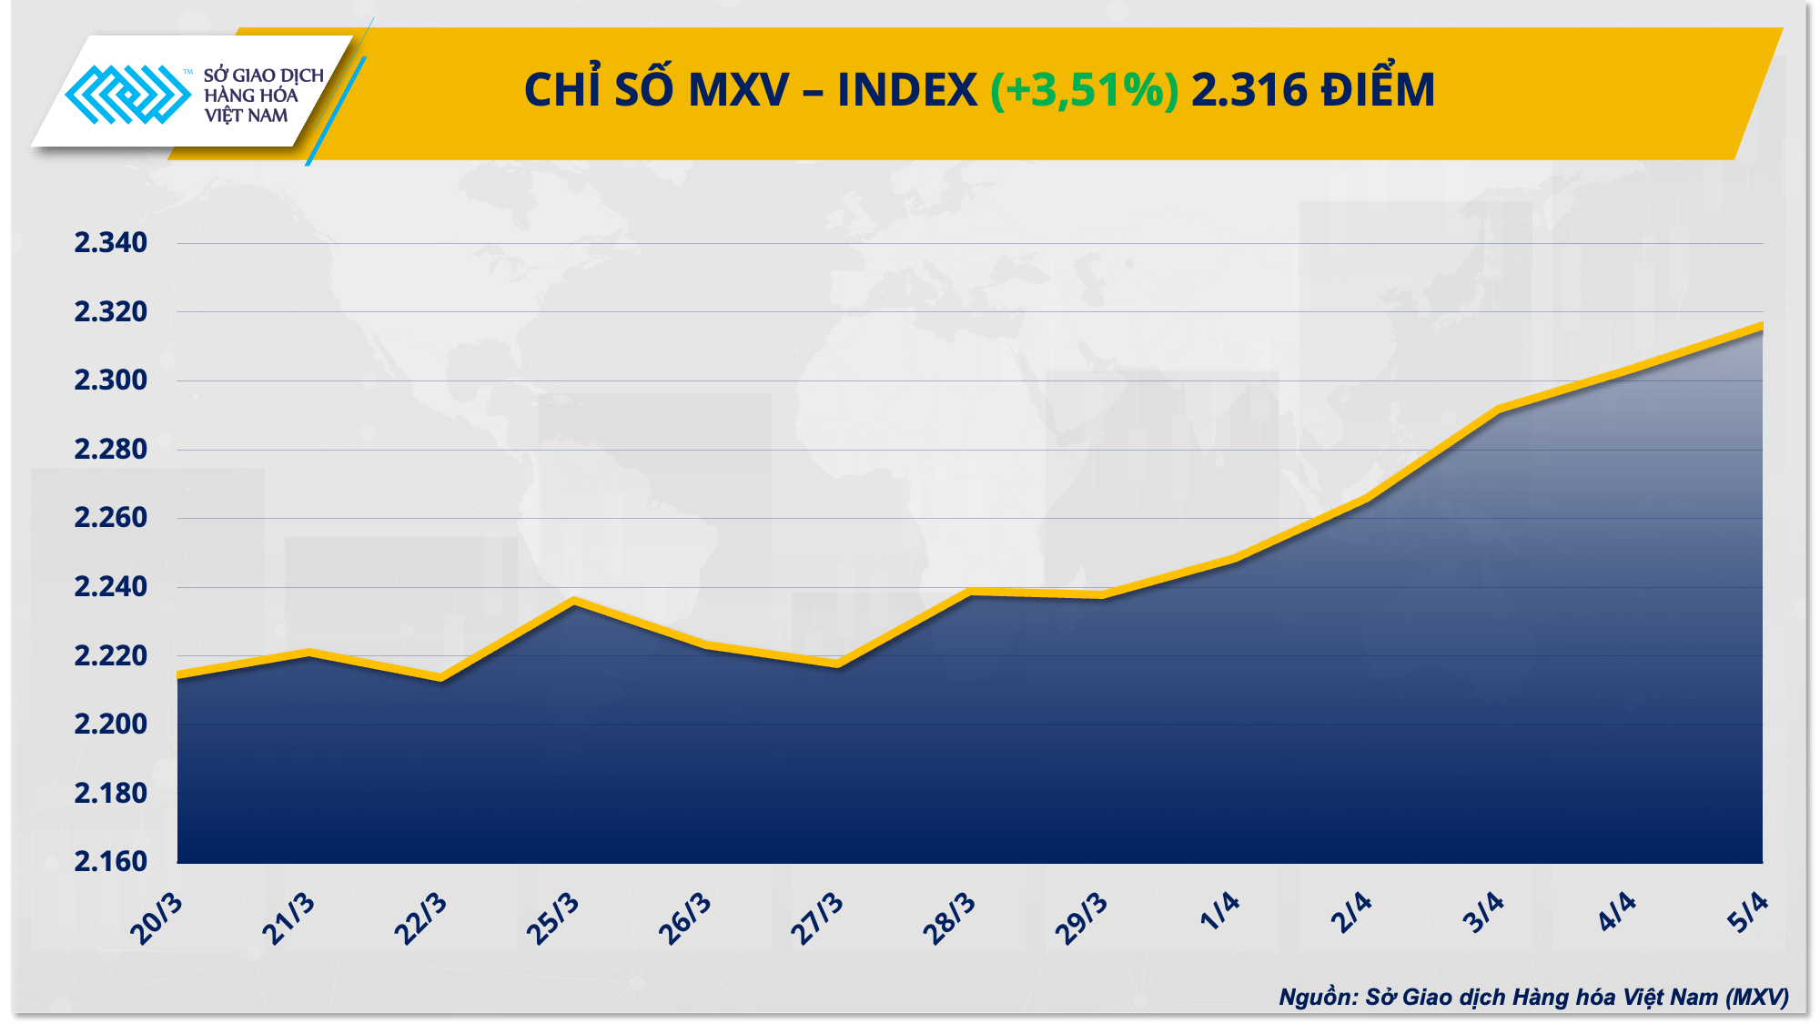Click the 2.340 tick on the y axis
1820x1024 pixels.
(x=110, y=243)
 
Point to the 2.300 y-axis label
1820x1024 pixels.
(x=110, y=380)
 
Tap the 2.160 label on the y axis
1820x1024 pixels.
(x=110, y=861)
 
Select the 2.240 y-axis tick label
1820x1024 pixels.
(x=110, y=587)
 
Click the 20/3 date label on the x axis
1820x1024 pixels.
(x=157, y=919)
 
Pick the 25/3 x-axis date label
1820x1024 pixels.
(x=553, y=919)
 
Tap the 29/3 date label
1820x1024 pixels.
(x=1081, y=919)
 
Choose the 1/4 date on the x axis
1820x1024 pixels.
(x=1219, y=912)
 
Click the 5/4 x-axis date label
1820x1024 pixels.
(x=1748, y=912)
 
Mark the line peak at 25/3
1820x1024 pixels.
(x=573, y=601)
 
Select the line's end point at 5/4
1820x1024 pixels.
(x=1762, y=326)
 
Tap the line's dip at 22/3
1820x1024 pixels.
(x=441, y=678)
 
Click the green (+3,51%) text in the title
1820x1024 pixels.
(x=1084, y=90)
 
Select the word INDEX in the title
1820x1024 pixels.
(x=906, y=90)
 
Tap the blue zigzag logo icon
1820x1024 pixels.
(x=127, y=94)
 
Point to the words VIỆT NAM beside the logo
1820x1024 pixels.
(x=246, y=116)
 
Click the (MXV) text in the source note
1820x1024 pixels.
(x=1756, y=998)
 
